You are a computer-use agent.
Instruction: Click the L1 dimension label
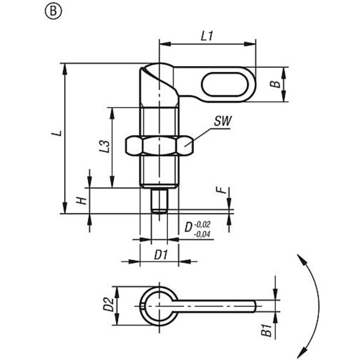pos(207,36)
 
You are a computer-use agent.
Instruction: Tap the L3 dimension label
pos(103,146)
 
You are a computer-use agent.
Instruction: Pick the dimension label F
pos(223,191)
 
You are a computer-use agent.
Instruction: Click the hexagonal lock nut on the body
pos(159,145)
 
